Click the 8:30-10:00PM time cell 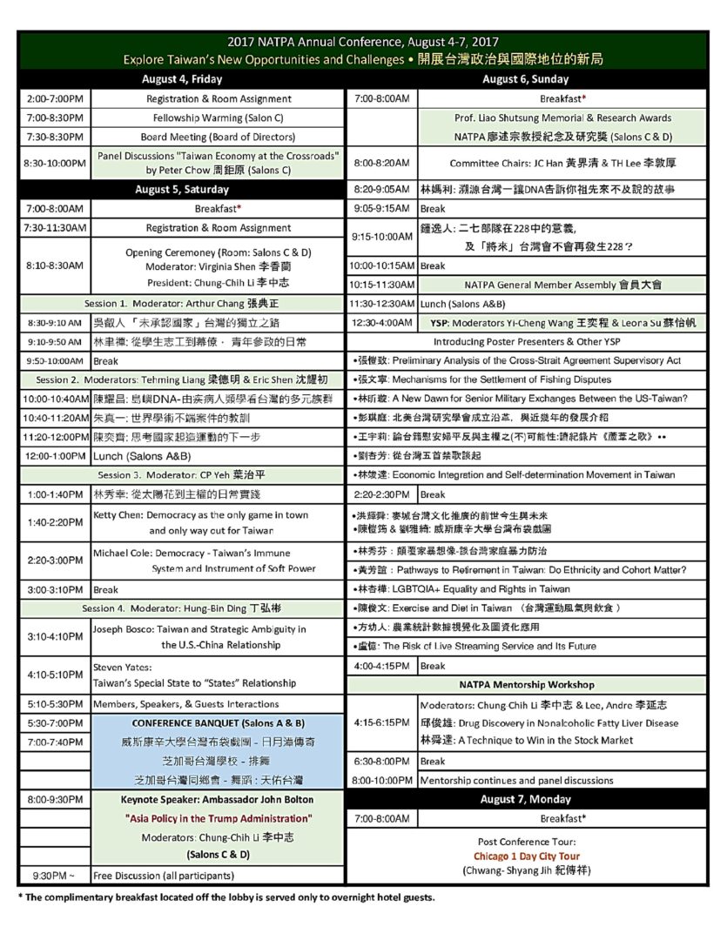(54, 162)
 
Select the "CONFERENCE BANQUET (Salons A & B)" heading (219, 723)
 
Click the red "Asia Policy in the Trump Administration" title (219, 818)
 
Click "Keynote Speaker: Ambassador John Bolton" (219, 799)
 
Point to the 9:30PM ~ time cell (54, 876)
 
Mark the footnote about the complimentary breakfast (226, 897)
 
